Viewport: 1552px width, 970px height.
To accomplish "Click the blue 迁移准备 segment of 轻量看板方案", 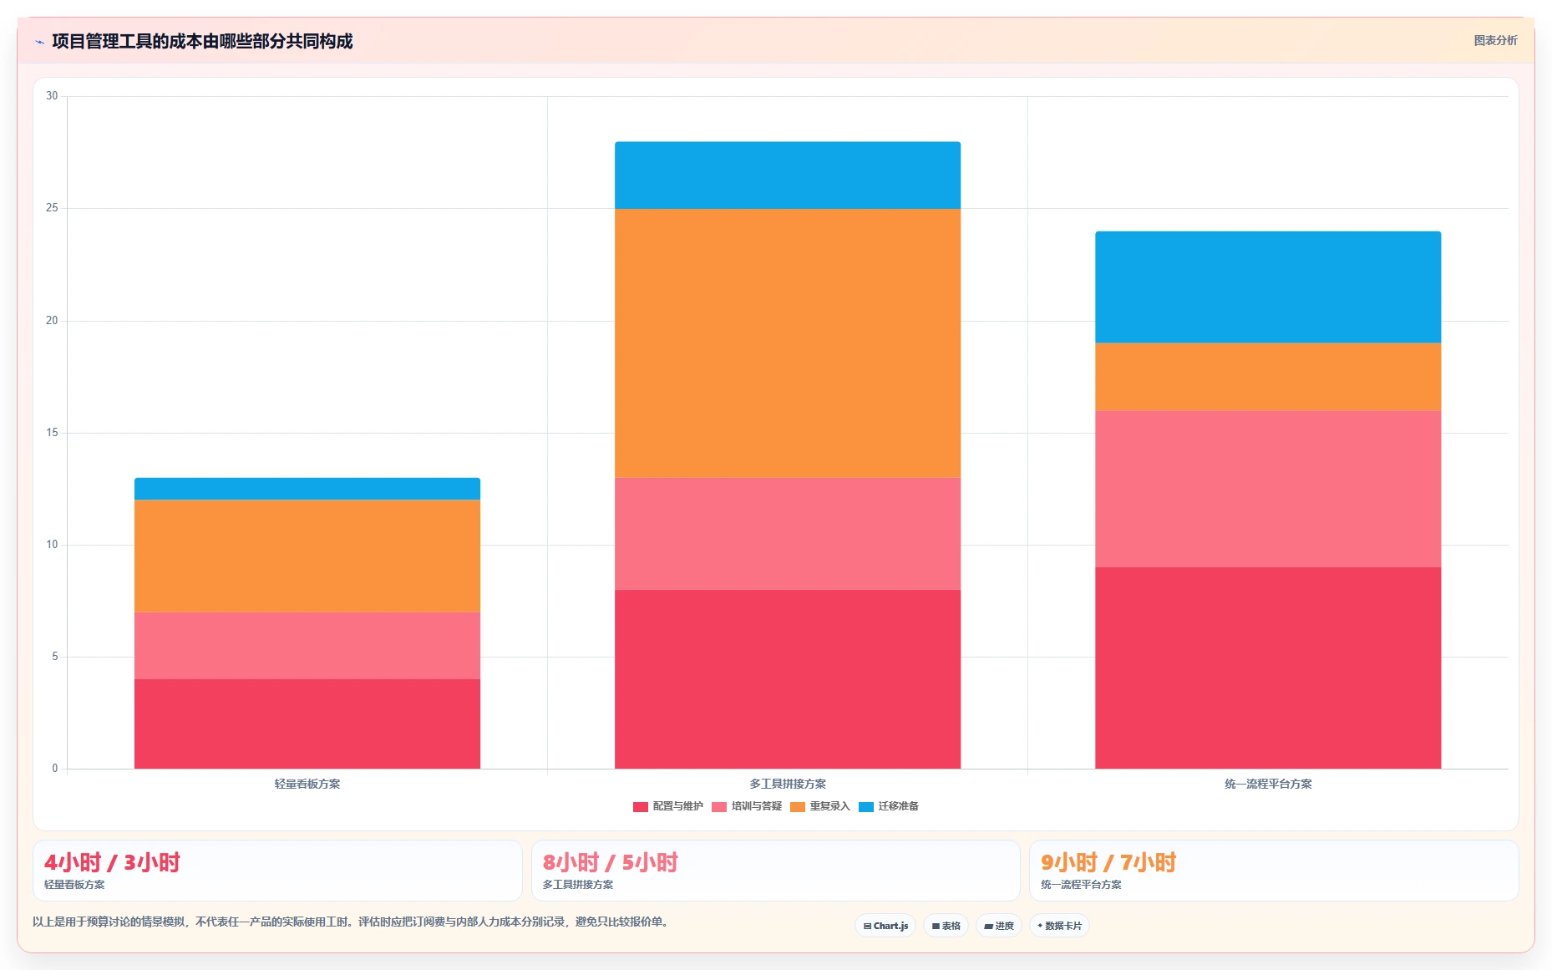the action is pyautogui.click(x=307, y=489).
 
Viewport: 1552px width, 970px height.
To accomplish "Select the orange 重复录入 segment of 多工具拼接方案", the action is pyautogui.click(x=788, y=343).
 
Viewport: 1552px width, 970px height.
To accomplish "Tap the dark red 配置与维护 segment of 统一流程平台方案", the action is pyautogui.click(x=1268, y=668).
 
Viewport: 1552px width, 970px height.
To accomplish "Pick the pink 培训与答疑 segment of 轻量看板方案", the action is pyautogui.click(x=307, y=646).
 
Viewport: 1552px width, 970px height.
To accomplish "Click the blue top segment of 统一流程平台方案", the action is pyautogui.click(x=1268, y=287).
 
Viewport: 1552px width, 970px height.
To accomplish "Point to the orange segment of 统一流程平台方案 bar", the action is pyautogui.click(x=1268, y=377).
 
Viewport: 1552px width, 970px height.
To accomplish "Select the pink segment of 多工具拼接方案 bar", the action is pyautogui.click(x=788, y=534).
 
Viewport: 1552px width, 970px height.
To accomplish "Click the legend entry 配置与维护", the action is pyautogui.click(x=668, y=806).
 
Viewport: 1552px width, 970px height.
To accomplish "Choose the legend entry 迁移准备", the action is pyautogui.click(x=889, y=806).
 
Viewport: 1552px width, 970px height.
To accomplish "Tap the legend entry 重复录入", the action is pyautogui.click(x=820, y=806).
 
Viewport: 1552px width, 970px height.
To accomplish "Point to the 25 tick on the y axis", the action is pyautogui.click(x=52, y=208).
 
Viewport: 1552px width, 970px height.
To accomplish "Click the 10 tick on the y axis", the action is pyautogui.click(x=52, y=545).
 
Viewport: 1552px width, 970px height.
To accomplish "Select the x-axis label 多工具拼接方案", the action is pyautogui.click(x=788, y=784).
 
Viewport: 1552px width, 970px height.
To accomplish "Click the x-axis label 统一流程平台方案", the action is pyautogui.click(x=1268, y=784).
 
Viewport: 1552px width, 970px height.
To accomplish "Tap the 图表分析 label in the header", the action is pyautogui.click(x=1495, y=40).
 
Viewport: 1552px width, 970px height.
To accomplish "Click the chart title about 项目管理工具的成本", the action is pyautogui.click(x=202, y=41).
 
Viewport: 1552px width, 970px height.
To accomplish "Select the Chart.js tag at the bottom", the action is pyautogui.click(x=885, y=926).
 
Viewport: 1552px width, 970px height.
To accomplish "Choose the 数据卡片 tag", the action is pyautogui.click(x=1059, y=926).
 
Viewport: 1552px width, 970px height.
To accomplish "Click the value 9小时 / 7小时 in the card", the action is pyautogui.click(x=1108, y=862).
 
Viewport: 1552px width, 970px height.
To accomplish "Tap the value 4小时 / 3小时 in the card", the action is pyautogui.click(x=112, y=862).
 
